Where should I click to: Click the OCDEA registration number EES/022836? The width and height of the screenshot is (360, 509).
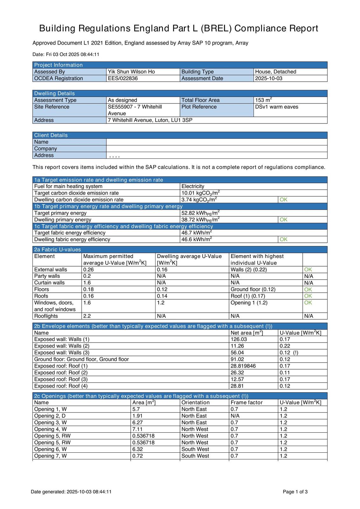(x=123, y=78)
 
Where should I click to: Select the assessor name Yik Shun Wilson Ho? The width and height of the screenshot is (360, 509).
(x=131, y=72)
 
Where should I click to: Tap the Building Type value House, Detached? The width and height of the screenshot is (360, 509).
(x=275, y=72)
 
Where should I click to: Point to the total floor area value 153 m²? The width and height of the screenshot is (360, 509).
(x=263, y=100)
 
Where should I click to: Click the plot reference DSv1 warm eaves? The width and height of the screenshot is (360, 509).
(x=277, y=107)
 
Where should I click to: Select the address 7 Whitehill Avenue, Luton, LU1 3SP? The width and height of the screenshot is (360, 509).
(x=150, y=120)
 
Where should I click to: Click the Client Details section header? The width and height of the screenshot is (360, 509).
(x=51, y=135)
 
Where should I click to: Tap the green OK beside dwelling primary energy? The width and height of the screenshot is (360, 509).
(x=283, y=220)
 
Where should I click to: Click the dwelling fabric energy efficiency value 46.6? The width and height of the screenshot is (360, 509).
(x=196, y=240)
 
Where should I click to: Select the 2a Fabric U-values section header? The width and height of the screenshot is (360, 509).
(x=57, y=249)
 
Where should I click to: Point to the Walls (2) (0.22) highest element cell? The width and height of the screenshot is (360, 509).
(x=249, y=269)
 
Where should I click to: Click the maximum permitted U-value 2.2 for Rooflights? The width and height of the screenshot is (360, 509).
(x=87, y=316)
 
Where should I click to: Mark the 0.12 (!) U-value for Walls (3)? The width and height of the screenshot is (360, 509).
(x=289, y=352)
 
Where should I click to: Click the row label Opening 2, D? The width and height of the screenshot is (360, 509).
(x=50, y=416)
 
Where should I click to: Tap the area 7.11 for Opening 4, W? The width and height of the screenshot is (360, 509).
(x=137, y=429)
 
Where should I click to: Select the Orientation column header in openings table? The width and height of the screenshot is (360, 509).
(x=195, y=402)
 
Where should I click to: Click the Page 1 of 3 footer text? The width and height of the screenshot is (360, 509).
(x=295, y=492)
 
